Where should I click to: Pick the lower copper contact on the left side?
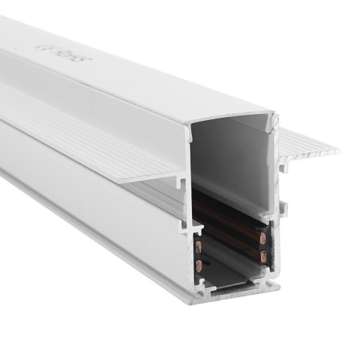[x=198, y=265]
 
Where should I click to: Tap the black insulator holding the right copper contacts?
[x=262, y=247]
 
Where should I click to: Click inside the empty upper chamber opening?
[x=232, y=157]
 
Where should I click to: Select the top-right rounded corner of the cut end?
[x=275, y=118]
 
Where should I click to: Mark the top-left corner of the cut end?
[x=190, y=127]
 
